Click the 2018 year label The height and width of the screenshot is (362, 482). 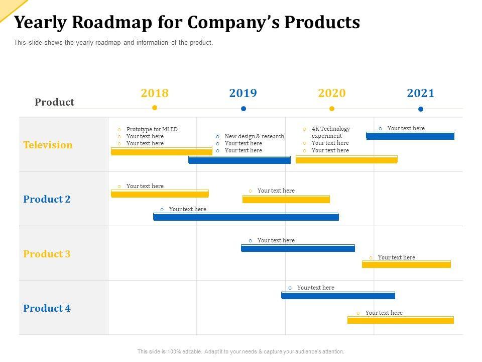[155, 93]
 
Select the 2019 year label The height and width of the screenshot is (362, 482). [243, 93]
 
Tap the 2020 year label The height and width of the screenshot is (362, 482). [332, 93]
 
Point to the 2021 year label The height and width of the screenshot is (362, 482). [421, 93]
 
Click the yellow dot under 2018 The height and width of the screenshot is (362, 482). [155, 108]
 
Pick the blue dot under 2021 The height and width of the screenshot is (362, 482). [421, 109]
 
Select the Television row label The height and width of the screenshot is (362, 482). [48, 145]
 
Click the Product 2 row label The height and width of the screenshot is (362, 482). [47, 199]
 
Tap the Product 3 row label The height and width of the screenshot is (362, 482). [47, 254]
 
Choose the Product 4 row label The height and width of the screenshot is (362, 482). [47, 308]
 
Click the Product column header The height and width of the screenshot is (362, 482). [54, 102]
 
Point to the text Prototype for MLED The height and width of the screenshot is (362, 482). [152, 129]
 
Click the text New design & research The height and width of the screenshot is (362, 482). [255, 136]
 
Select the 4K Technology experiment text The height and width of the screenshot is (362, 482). [330, 132]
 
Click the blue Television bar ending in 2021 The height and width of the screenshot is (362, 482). [410, 136]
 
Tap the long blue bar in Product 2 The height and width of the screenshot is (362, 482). [246, 217]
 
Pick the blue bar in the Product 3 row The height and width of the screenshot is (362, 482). [298, 248]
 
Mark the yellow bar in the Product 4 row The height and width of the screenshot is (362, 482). [401, 320]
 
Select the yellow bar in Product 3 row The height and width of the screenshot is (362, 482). [406, 264]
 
